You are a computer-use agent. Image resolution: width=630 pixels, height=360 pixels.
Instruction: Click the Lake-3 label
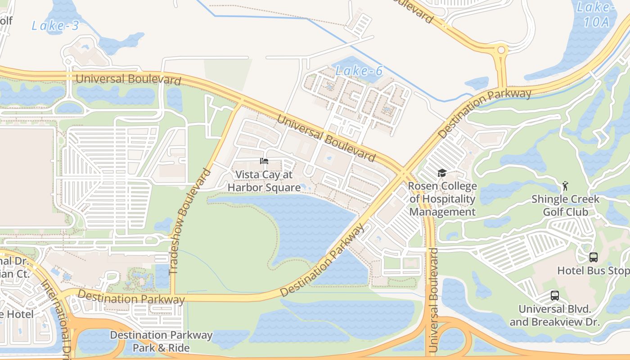[x=55, y=26]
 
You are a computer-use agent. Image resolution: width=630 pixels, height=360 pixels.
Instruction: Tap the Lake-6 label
[x=359, y=71]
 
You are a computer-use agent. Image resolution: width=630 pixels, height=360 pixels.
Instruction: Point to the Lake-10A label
[x=595, y=14]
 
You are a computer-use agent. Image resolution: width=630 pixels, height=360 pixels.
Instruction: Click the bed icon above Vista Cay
[x=264, y=161]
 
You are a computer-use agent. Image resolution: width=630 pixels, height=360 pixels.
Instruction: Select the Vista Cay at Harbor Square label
[x=264, y=181]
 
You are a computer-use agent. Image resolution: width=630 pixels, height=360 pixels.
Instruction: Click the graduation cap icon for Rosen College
[x=442, y=173]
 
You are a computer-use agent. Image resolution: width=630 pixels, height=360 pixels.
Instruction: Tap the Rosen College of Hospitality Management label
[x=442, y=199]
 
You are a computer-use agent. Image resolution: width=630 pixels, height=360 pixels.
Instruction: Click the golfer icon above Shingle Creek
[x=565, y=185]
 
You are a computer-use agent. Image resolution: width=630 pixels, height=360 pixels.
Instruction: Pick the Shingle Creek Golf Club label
[x=565, y=205]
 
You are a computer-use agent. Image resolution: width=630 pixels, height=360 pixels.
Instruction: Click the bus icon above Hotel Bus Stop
[x=594, y=257]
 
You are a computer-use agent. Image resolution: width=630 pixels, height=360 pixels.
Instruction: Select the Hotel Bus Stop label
[x=593, y=271]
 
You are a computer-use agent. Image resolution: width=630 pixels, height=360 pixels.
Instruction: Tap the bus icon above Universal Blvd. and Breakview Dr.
[x=555, y=296]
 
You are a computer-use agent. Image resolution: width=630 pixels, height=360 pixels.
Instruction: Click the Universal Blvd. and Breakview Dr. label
[x=554, y=315]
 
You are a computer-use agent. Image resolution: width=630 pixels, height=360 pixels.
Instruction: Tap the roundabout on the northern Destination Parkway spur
[x=501, y=50]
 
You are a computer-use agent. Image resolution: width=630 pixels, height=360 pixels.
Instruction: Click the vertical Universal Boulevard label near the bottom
[x=433, y=300]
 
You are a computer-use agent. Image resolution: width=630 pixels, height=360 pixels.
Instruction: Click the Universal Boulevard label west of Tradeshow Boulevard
[x=128, y=79]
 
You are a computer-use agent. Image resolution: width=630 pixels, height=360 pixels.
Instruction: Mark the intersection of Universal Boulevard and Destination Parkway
[x=402, y=172]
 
